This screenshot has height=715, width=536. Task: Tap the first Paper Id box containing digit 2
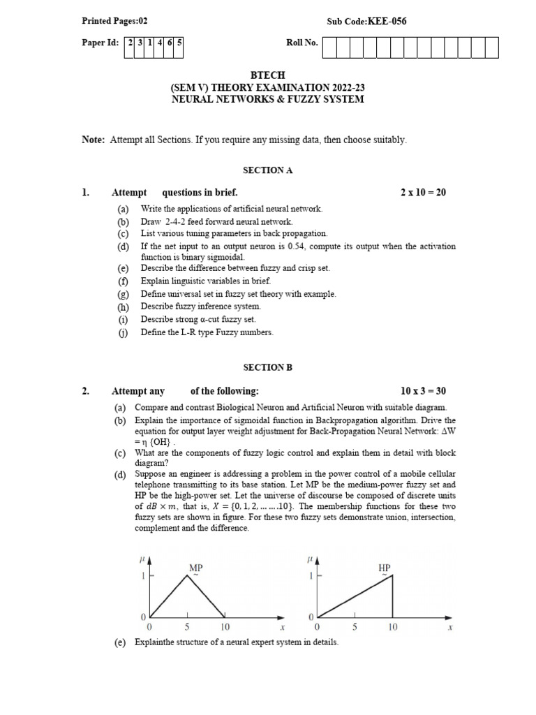(130, 43)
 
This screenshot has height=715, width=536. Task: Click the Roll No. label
(301, 43)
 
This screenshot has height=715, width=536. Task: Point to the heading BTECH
(267, 75)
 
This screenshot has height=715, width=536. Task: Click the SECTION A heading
(267, 170)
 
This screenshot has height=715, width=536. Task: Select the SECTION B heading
(267, 367)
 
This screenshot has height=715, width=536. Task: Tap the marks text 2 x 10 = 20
(423, 193)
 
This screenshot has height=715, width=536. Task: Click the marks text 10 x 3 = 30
(423, 391)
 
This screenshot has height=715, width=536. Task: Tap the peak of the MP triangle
(186, 575)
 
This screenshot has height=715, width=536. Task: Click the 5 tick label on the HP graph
(355, 628)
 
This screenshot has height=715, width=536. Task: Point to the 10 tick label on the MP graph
(225, 628)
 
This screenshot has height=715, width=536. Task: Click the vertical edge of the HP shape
(392, 596)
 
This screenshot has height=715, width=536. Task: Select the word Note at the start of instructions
(93, 140)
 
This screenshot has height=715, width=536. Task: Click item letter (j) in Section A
(123, 332)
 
